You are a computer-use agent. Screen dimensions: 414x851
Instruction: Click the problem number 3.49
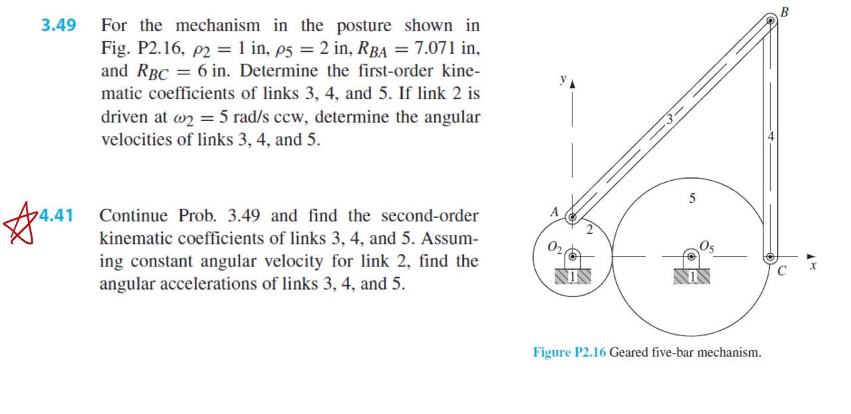click(x=59, y=26)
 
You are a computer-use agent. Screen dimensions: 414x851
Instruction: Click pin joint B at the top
click(x=771, y=21)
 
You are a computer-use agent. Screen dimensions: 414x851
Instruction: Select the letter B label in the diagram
click(x=785, y=11)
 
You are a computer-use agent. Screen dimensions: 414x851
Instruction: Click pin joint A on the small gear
click(x=571, y=217)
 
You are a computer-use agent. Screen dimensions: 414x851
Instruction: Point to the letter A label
click(x=554, y=212)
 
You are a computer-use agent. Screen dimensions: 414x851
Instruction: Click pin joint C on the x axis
click(x=771, y=257)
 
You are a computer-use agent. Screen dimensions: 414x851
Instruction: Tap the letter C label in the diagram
click(x=781, y=271)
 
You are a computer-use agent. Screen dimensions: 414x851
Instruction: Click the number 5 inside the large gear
click(x=692, y=198)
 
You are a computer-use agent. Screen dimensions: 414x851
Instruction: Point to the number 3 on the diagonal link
click(x=670, y=120)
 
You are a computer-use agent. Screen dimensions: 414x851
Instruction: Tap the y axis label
click(x=562, y=79)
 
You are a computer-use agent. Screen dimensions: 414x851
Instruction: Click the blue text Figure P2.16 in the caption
click(x=569, y=352)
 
